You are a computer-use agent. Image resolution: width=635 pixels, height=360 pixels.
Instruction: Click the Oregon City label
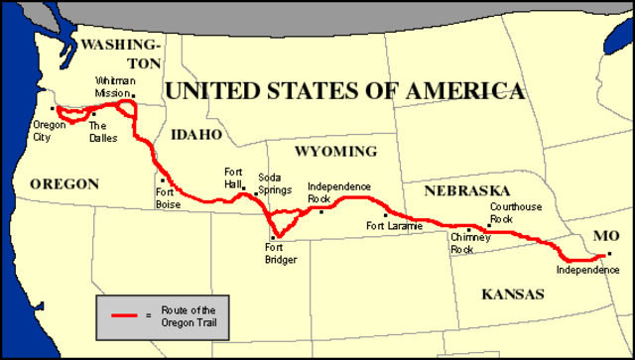tap(50, 131)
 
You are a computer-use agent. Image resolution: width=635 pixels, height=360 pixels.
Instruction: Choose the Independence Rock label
tap(339, 192)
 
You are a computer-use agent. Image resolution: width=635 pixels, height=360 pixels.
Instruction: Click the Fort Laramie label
tap(394, 226)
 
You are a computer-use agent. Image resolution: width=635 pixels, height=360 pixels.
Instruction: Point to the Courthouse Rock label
tap(515, 212)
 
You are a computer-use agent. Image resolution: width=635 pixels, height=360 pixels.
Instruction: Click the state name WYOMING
tap(337, 153)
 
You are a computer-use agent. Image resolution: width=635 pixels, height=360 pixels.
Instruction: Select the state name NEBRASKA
tap(466, 189)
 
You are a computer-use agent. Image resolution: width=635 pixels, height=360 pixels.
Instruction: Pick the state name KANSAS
tap(513, 294)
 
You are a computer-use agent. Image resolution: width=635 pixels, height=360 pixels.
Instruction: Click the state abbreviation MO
tap(605, 236)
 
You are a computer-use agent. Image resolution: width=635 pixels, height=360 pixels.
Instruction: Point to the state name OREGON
tap(64, 183)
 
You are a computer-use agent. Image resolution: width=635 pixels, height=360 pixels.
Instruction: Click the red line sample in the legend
tap(124, 314)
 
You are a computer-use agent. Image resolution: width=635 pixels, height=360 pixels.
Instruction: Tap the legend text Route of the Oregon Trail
tap(189, 314)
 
